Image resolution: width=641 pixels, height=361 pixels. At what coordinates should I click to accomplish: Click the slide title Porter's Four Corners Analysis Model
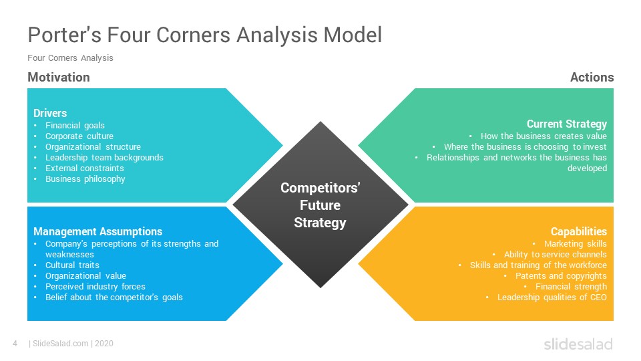tap(204, 35)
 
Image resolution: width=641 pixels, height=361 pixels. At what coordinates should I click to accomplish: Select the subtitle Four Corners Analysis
tap(70, 58)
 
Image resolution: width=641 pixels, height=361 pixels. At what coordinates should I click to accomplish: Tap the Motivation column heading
tap(59, 78)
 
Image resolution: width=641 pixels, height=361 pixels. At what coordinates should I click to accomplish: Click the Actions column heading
tap(592, 78)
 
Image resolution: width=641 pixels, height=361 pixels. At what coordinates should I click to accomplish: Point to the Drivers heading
tap(50, 113)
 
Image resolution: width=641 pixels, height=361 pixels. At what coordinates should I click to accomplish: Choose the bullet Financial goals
tap(75, 125)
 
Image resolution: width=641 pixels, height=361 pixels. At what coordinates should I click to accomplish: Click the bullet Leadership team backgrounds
tap(104, 157)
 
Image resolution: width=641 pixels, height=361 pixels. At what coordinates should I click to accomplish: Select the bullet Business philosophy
tap(85, 178)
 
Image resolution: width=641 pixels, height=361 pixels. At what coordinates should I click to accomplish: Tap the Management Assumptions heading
tap(97, 232)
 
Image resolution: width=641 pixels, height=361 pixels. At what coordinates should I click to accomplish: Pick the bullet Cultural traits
tap(72, 265)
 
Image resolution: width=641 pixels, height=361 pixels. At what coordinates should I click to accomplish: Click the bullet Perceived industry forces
tap(95, 286)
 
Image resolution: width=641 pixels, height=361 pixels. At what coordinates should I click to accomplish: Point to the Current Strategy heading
tap(566, 124)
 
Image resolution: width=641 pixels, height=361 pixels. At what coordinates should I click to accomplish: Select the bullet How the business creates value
tap(544, 136)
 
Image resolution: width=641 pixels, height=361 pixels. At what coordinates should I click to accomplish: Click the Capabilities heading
tap(578, 232)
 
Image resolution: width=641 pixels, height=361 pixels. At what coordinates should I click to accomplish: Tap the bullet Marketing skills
tap(575, 243)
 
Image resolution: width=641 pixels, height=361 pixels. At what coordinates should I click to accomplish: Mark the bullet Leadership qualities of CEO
tap(552, 297)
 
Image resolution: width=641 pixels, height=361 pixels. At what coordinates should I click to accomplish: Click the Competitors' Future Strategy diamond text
tap(320, 205)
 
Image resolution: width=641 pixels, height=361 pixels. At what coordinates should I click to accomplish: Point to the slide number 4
tap(15, 344)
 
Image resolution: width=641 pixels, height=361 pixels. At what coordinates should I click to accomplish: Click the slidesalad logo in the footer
tap(578, 344)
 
